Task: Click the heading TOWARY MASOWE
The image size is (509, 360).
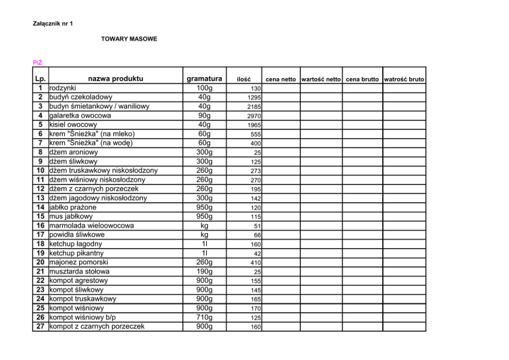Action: click(x=129, y=39)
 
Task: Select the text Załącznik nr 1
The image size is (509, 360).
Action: click(x=52, y=24)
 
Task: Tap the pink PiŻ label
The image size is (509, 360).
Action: click(x=37, y=63)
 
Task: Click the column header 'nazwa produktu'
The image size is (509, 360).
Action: click(x=115, y=79)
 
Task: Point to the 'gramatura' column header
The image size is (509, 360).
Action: click(x=204, y=79)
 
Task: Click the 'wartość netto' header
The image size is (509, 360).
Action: click(x=321, y=80)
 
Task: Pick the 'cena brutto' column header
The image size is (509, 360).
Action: click(x=362, y=80)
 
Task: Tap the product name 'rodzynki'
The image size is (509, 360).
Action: click(x=63, y=88)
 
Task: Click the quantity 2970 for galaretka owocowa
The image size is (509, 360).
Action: click(x=254, y=116)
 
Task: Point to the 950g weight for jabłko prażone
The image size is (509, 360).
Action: click(x=204, y=207)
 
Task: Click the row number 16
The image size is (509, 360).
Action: click(x=40, y=225)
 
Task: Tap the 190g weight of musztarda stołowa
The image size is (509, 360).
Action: click(x=204, y=272)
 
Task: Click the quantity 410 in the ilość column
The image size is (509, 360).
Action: click(x=256, y=263)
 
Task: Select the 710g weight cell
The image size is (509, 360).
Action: click(x=204, y=317)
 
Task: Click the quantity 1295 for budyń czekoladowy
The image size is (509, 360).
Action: click(x=254, y=98)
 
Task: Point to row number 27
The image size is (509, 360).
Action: click(x=40, y=327)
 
